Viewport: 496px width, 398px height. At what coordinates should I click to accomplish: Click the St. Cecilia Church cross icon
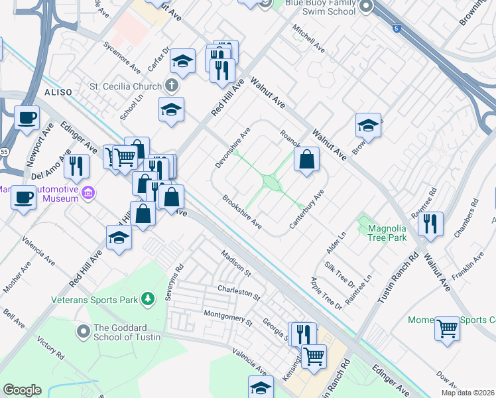tap(172, 86)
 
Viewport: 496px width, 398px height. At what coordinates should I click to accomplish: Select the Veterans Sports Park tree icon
tap(149, 300)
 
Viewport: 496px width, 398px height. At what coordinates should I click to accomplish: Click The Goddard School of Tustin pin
tap(83, 330)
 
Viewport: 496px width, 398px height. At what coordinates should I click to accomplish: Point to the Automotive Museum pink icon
tap(88, 193)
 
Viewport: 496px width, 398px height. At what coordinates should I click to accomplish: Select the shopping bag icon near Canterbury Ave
tap(306, 159)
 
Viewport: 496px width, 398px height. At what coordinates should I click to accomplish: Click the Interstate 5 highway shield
tap(397, 29)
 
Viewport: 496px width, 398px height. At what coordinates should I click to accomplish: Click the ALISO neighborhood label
tap(58, 92)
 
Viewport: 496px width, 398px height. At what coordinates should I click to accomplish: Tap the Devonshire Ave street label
tap(231, 147)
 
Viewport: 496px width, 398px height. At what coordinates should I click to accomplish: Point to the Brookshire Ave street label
tap(242, 212)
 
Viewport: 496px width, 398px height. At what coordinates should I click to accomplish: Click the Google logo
tap(22, 390)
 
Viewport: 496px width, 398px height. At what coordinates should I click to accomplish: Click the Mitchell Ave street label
tap(309, 39)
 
